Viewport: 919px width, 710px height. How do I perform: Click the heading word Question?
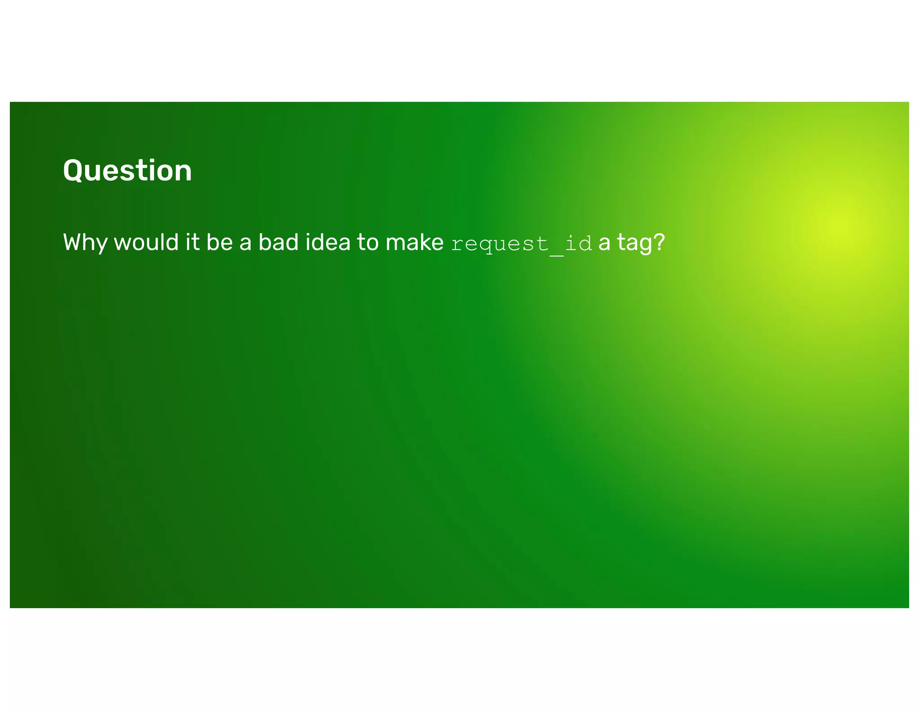(x=127, y=171)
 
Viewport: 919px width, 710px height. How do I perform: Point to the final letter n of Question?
(x=183, y=173)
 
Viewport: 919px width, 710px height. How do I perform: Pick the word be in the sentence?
(x=219, y=242)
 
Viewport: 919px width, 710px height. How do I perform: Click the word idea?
(x=328, y=242)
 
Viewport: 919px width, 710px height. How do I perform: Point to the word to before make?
(x=368, y=243)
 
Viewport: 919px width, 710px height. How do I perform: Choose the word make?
(x=414, y=242)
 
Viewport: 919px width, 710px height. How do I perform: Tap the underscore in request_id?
(x=556, y=254)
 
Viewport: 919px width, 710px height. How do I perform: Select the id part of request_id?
(x=579, y=243)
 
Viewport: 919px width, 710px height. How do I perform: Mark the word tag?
(x=634, y=244)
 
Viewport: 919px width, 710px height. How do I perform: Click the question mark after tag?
(x=659, y=242)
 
